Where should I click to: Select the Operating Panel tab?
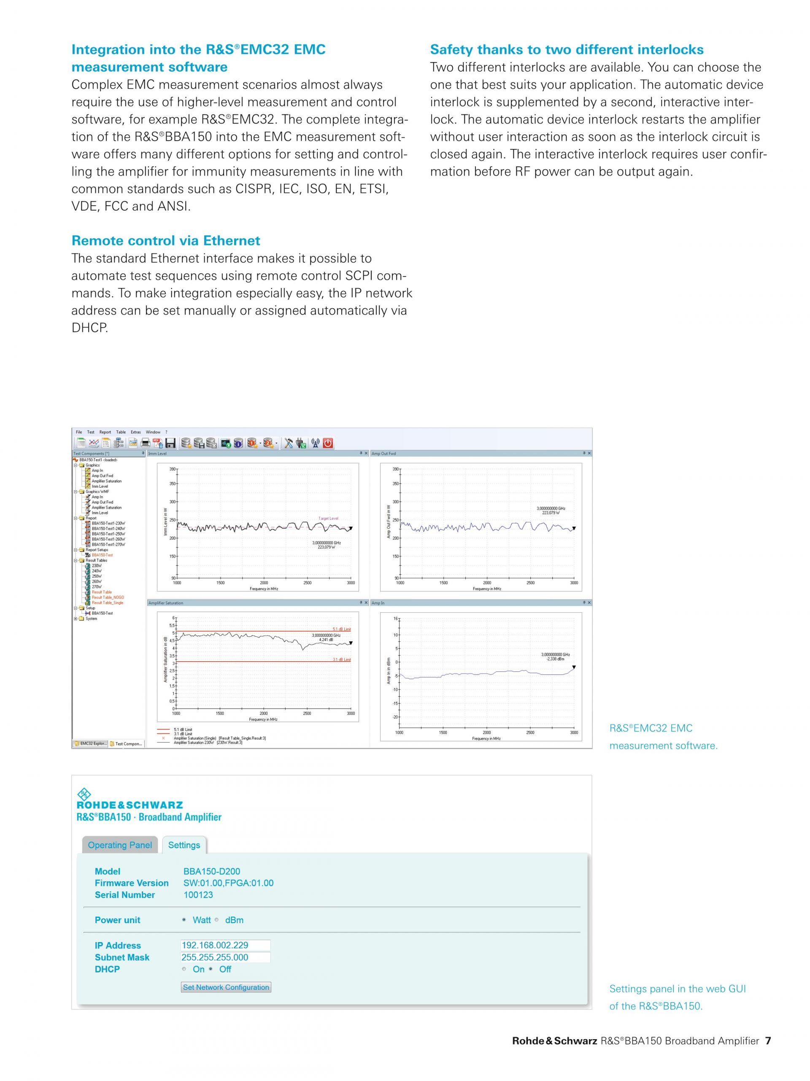coord(120,845)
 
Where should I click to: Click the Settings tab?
coord(184,845)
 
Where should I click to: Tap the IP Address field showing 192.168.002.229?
coord(225,945)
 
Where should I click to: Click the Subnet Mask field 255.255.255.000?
coord(225,957)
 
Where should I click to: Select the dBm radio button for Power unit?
coord(217,920)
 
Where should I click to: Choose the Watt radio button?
coord(184,920)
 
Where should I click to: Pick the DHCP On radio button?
coord(184,969)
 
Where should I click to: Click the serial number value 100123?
coord(198,894)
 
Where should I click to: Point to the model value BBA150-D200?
coord(211,871)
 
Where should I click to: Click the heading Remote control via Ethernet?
coord(165,240)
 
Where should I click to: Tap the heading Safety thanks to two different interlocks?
coord(566,49)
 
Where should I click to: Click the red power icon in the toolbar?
coord(328,443)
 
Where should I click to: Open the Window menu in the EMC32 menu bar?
coord(153,432)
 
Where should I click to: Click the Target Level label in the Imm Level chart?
coord(328,519)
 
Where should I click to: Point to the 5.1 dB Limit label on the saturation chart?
coord(341,629)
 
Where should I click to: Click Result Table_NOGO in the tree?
coord(108,597)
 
